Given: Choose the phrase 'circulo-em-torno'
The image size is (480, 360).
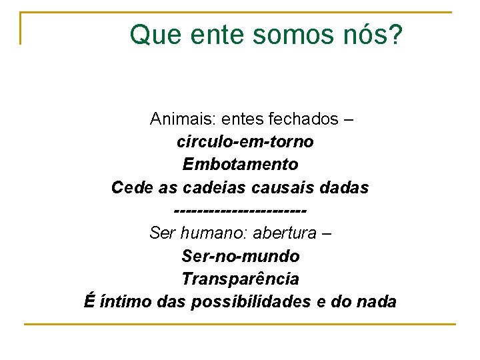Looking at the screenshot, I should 245,142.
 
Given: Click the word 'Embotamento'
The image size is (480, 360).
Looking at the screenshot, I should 240,164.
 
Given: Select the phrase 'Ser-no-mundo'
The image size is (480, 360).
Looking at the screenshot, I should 240,256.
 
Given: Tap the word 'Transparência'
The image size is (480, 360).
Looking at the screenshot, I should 240,279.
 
